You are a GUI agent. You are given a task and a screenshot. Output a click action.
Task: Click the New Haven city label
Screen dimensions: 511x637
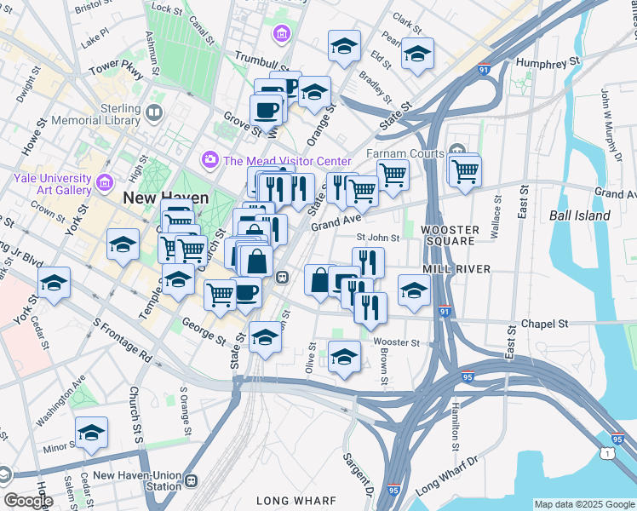(x=166, y=198)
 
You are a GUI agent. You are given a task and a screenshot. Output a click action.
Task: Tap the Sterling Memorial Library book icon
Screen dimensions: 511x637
(x=154, y=112)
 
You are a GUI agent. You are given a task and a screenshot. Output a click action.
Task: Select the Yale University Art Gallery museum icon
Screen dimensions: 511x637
(x=106, y=181)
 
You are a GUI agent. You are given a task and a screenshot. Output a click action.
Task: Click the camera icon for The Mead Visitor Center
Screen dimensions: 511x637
(x=209, y=160)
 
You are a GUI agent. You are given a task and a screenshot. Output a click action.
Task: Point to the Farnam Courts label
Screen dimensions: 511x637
(x=405, y=153)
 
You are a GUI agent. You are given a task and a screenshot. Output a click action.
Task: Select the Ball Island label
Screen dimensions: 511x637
(x=580, y=215)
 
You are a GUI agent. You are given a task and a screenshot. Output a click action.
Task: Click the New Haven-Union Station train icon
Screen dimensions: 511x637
(x=191, y=480)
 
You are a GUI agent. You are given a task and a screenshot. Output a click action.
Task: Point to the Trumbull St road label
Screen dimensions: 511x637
(x=262, y=62)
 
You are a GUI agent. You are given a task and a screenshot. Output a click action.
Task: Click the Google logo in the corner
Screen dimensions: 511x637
(x=27, y=500)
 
